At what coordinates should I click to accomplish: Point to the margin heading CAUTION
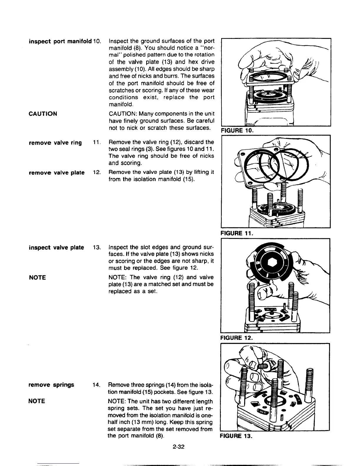[43, 114]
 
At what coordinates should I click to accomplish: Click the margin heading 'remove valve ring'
[55, 143]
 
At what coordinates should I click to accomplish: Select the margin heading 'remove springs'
[51, 385]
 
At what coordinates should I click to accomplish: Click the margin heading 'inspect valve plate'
[56, 247]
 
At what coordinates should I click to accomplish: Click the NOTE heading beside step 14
[37, 401]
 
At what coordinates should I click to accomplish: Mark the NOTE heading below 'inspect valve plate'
[37, 277]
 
